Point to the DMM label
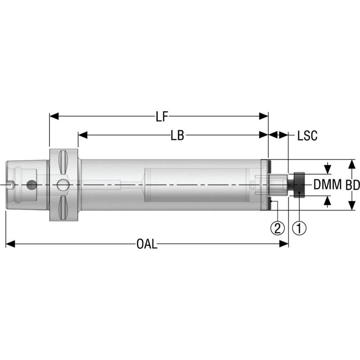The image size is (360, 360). (328, 184)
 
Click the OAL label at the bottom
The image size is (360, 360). (147, 244)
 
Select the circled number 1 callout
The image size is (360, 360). (299, 228)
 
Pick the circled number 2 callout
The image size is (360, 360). (278, 228)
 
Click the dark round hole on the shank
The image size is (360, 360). (31, 184)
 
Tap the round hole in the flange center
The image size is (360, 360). (63, 184)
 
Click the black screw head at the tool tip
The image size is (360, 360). (298, 184)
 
